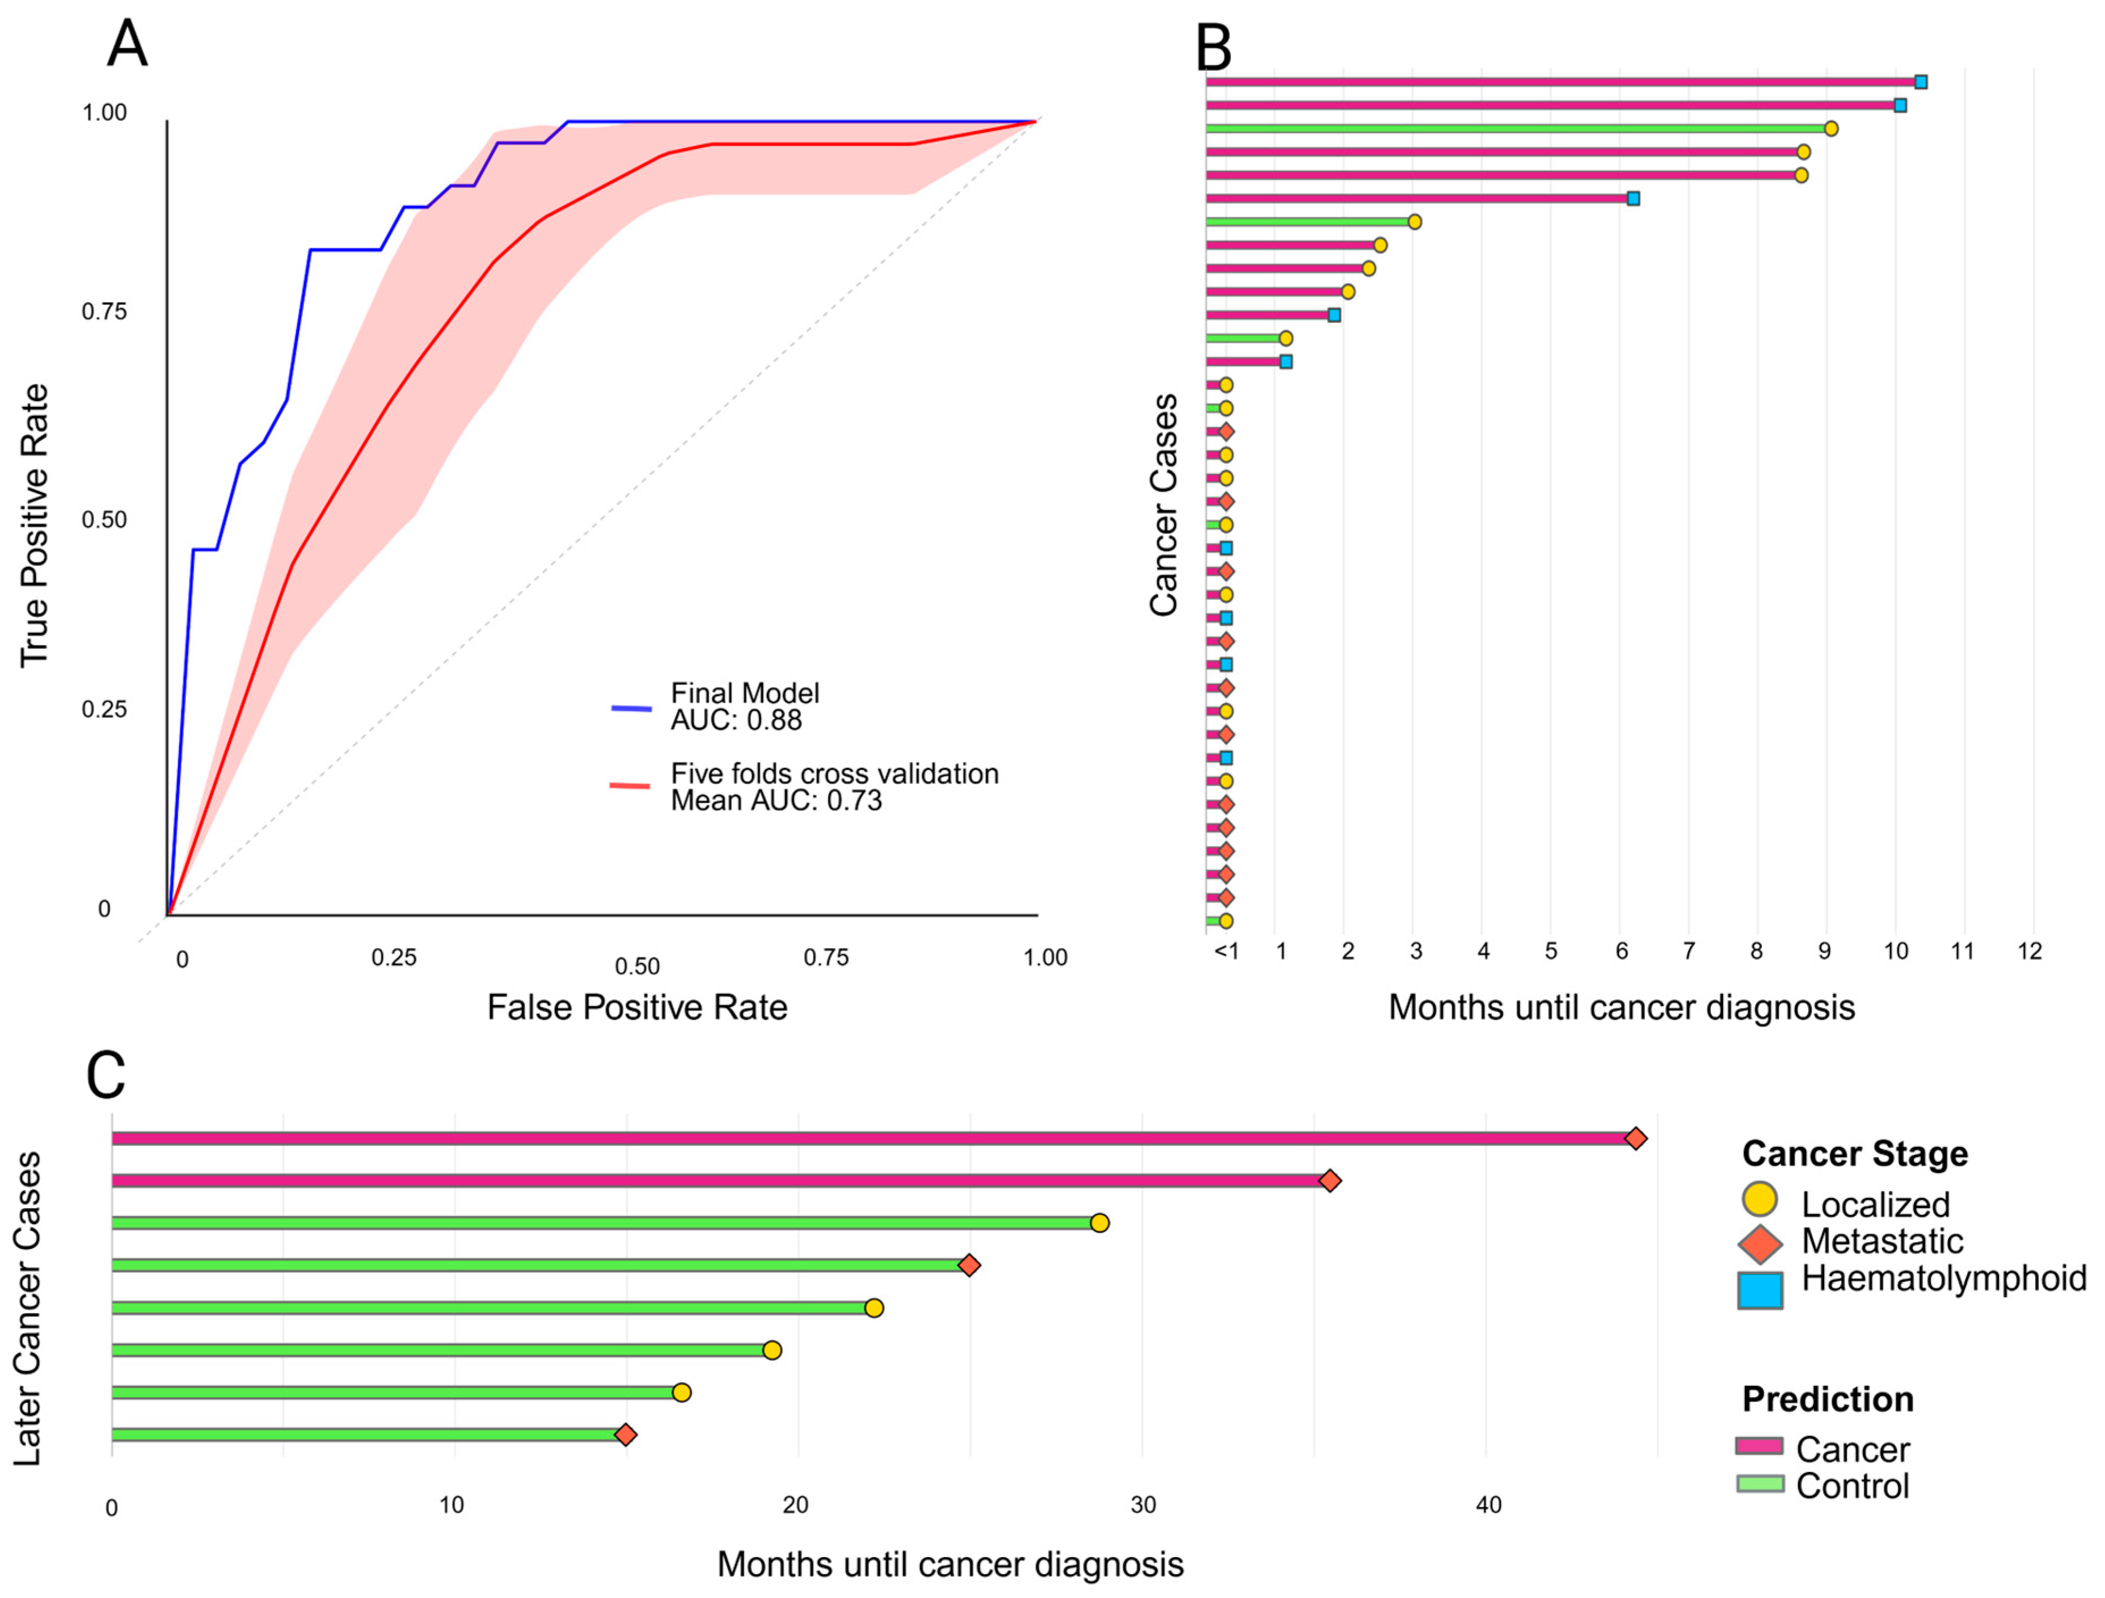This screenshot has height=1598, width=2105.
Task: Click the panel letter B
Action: (1213, 48)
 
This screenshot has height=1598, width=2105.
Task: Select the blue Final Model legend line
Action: (631, 708)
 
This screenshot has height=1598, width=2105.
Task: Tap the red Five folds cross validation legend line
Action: (630, 786)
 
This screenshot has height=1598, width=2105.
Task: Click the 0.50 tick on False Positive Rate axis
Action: (636, 967)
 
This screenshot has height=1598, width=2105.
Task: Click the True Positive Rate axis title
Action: (34, 525)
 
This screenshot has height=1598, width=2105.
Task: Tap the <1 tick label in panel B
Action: (1226, 951)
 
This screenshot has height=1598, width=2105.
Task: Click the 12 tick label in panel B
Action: (2030, 951)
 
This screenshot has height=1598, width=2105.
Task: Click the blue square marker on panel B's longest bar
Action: (1921, 82)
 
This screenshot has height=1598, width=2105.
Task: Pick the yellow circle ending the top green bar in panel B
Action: (1830, 128)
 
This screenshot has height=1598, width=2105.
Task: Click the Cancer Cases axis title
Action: (1163, 506)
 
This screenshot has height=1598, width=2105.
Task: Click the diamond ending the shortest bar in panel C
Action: (625, 1435)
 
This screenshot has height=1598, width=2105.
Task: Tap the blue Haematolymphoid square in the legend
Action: (1760, 1290)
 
